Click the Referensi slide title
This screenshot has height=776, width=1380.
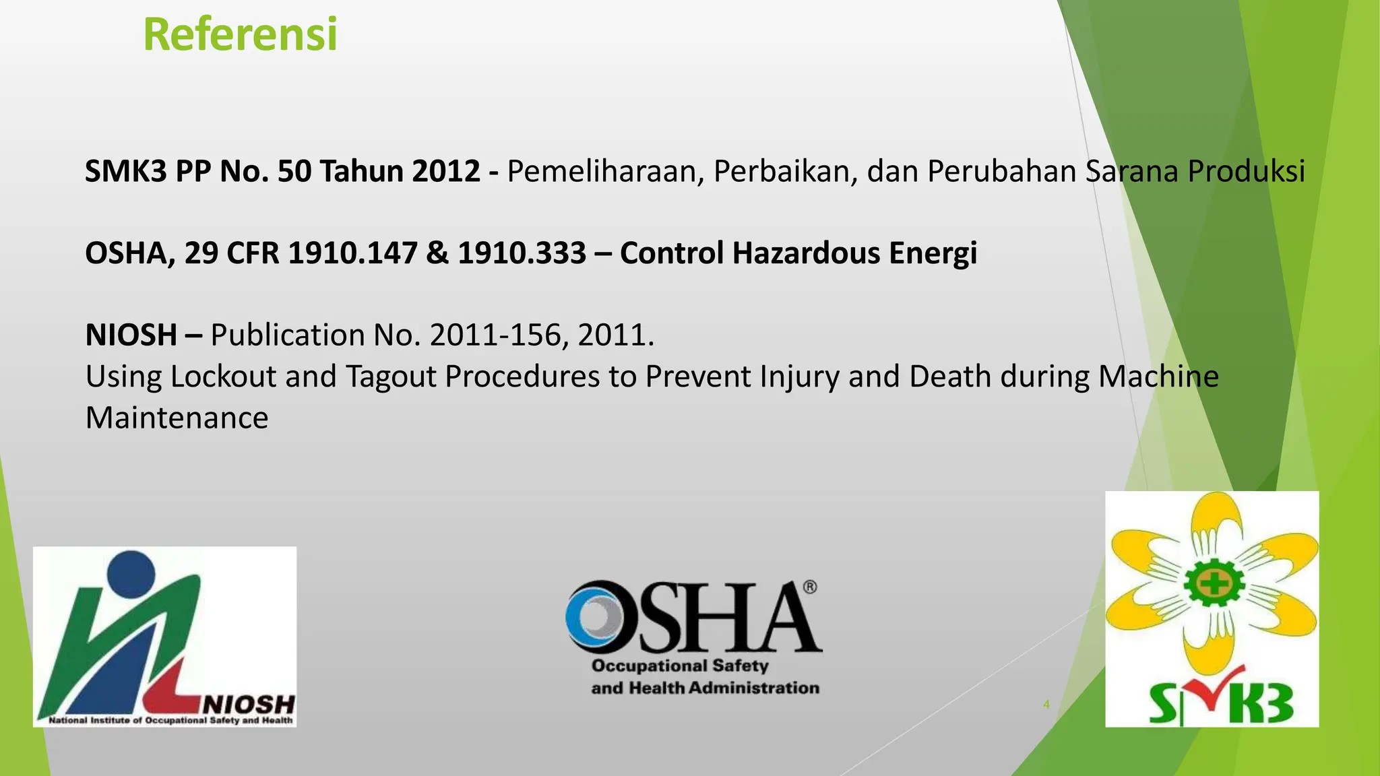(240, 35)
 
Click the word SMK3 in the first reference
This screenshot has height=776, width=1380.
(125, 171)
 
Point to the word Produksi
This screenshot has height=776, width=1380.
(1246, 171)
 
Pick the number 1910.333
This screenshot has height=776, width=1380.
(522, 253)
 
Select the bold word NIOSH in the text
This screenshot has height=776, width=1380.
(131, 335)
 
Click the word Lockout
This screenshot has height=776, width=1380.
(223, 377)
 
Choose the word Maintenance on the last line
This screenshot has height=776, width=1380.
(177, 418)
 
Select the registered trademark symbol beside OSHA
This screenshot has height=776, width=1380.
(810, 587)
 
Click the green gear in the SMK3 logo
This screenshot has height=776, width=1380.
(1214, 584)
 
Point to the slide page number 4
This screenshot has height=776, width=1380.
(1046, 705)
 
